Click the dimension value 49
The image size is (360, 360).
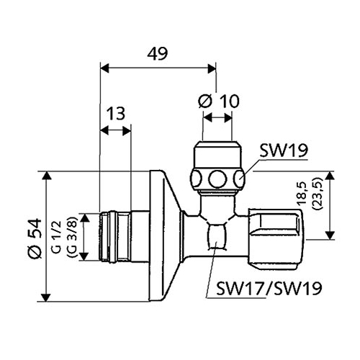(158, 54)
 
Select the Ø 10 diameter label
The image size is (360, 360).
(219, 101)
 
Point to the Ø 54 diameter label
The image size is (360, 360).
(35, 238)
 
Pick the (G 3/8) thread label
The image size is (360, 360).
(72, 237)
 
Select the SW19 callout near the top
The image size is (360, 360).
(284, 150)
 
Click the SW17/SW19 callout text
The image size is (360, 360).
(269, 288)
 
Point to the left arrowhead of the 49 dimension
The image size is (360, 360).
(104, 68)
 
